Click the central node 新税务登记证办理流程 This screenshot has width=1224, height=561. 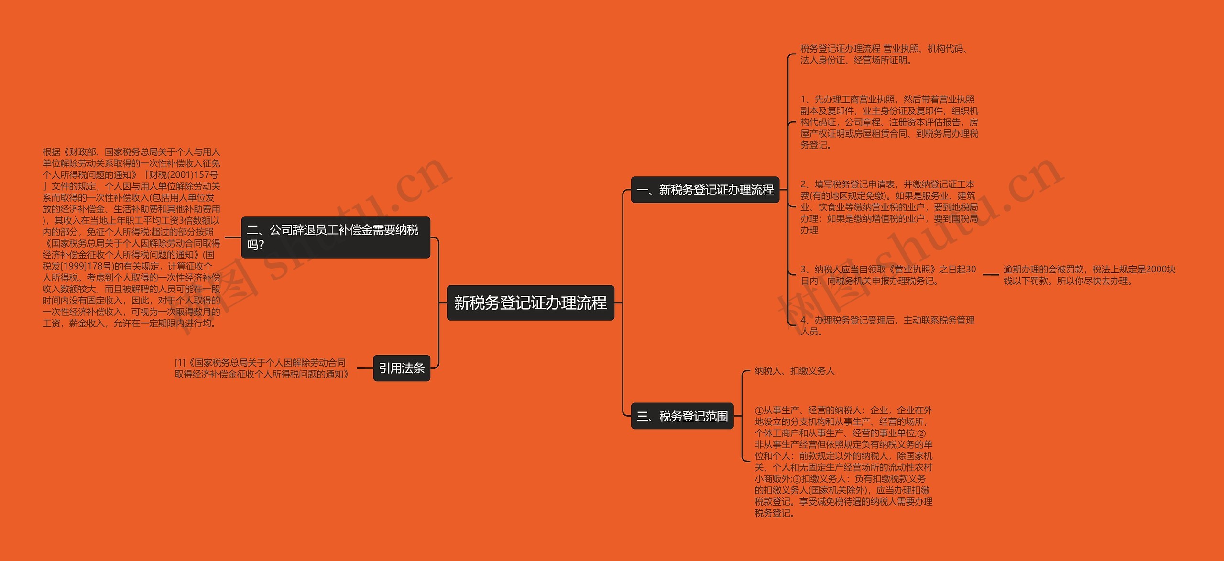(530, 302)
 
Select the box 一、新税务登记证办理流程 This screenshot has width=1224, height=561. (705, 190)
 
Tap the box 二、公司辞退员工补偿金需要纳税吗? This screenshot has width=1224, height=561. (335, 237)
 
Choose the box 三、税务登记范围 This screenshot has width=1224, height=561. (682, 416)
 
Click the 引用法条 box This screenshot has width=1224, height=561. (402, 368)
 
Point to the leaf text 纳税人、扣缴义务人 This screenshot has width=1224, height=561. (794, 371)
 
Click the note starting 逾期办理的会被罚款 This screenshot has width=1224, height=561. (1089, 275)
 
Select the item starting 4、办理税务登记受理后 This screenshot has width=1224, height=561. (887, 325)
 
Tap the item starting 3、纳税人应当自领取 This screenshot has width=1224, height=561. (888, 275)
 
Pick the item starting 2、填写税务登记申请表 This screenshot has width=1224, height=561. (889, 207)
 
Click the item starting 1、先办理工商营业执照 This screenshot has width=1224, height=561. (889, 122)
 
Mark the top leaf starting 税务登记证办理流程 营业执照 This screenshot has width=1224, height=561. (884, 54)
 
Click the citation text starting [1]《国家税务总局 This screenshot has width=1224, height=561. (262, 368)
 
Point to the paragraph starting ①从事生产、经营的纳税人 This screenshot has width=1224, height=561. (843, 461)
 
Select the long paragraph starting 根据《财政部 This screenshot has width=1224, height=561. (131, 237)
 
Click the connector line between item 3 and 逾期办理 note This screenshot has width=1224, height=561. (990, 275)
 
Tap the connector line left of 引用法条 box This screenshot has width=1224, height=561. (364, 368)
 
